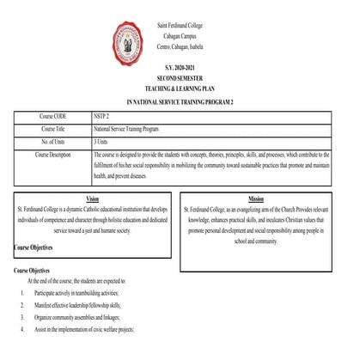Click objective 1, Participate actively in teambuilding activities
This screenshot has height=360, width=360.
(82, 293)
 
